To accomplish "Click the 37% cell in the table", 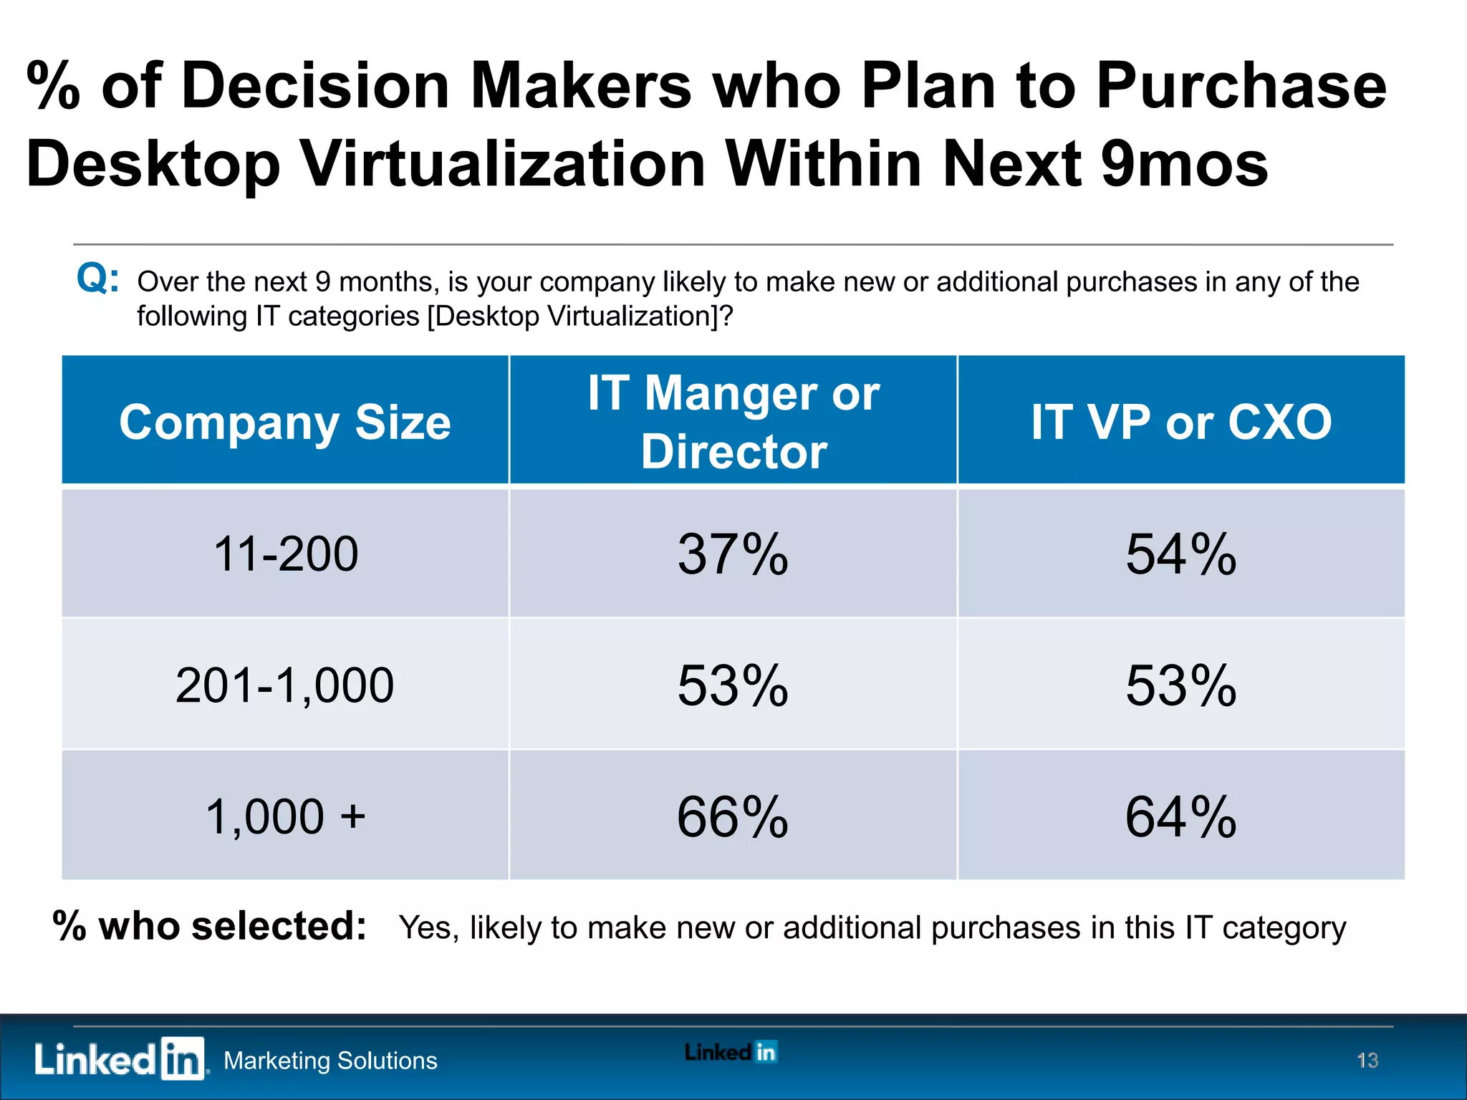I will [x=733, y=554].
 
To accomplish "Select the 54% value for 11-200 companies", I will [x=1180, y=554].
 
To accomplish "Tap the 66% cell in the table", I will [x=733, y=816].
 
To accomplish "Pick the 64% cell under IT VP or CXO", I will [x=1180, y=816].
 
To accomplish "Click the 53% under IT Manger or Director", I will [x=733, y=685].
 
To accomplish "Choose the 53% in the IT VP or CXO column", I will [x=1180, y=685].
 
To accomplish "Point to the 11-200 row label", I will [x=285, y=554].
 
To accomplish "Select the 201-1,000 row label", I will [x=285, y=685].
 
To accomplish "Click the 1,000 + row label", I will [x=285, y=816].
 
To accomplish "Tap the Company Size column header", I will [x=285, y=422].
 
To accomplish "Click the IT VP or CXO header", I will [x=1180, y=422].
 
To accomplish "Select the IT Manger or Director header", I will [x=733, y=422].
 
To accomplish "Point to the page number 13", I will [x=1367, y=1060].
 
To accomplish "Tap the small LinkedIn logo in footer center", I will [x=731, y=1052].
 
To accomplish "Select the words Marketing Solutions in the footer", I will [x=330, y=1061].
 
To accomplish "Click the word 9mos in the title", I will [x=1184, y=164].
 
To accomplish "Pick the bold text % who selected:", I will [x=210, y=926].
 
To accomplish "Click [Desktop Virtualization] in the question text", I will [x=572, y=316].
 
